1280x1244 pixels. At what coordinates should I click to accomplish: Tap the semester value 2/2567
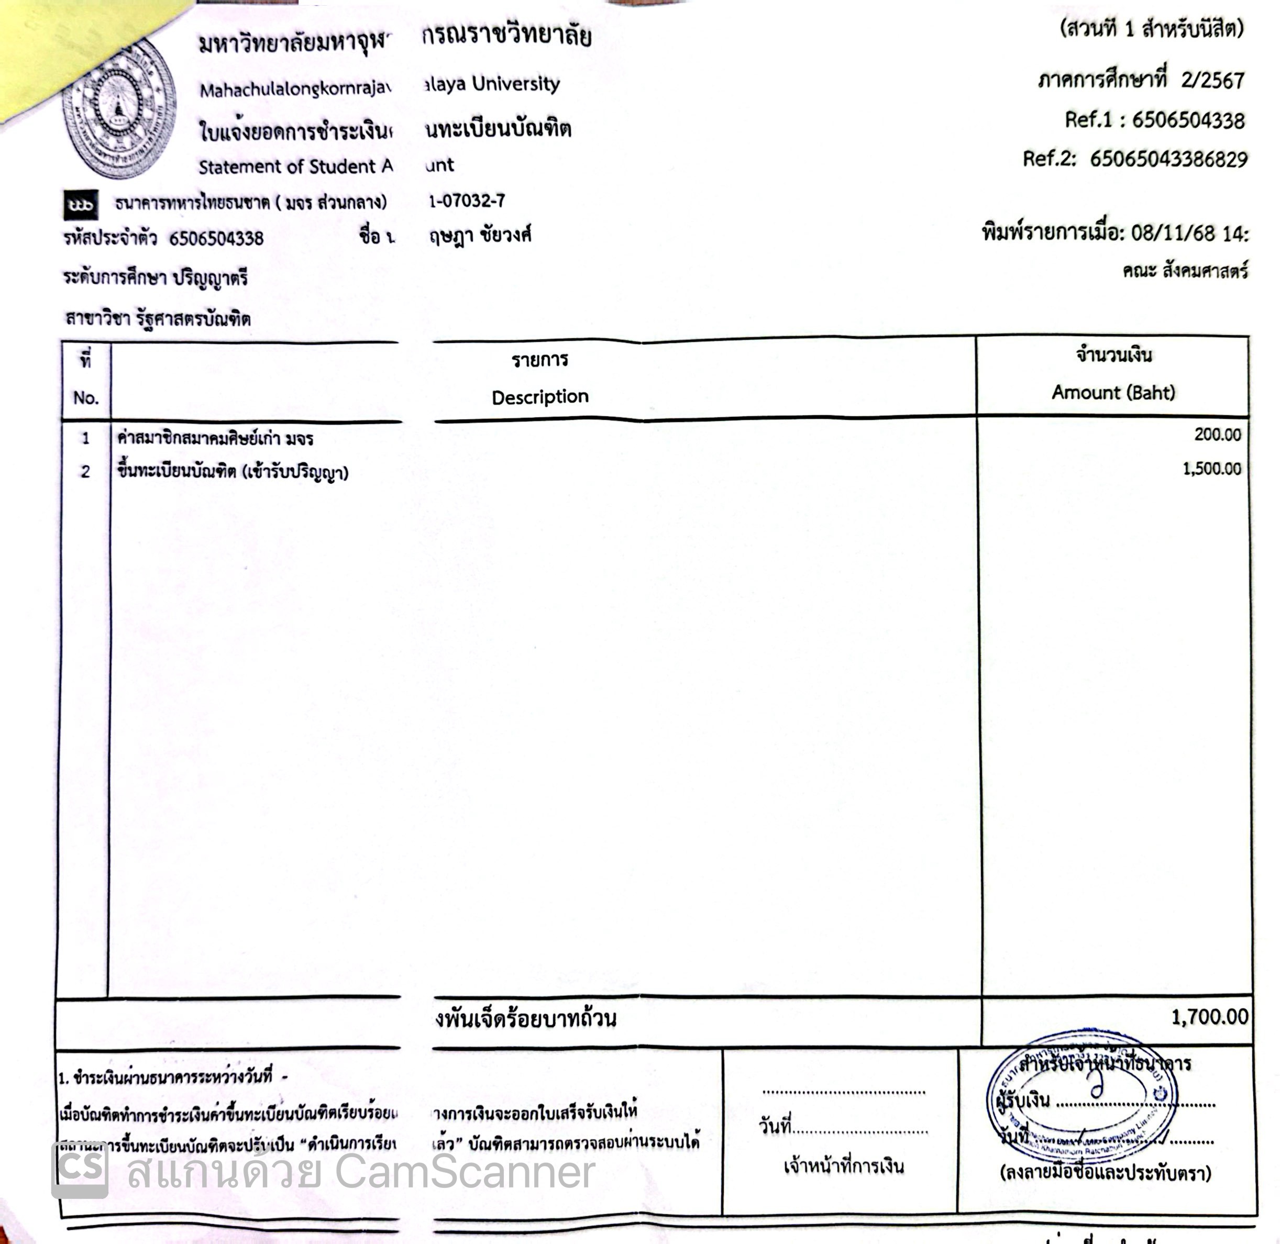click(1212, 80)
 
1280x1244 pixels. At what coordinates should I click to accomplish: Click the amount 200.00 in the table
click(1217, 435)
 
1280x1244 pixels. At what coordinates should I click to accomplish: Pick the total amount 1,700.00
click(1209, 1017)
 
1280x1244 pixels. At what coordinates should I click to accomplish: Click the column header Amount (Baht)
click(1113, 392)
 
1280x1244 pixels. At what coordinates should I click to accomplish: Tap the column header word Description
click(539, 396)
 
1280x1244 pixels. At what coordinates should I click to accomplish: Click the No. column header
click(85, 397)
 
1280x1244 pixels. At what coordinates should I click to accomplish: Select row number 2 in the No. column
click(85, 471)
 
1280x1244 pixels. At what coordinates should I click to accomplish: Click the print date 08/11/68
click(1172, 234)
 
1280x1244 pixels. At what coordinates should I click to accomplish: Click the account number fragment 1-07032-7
click(467, 201)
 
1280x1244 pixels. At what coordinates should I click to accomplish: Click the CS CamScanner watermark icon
click(80, 1170)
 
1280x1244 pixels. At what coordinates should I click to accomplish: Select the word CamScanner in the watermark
click(465, 1171)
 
